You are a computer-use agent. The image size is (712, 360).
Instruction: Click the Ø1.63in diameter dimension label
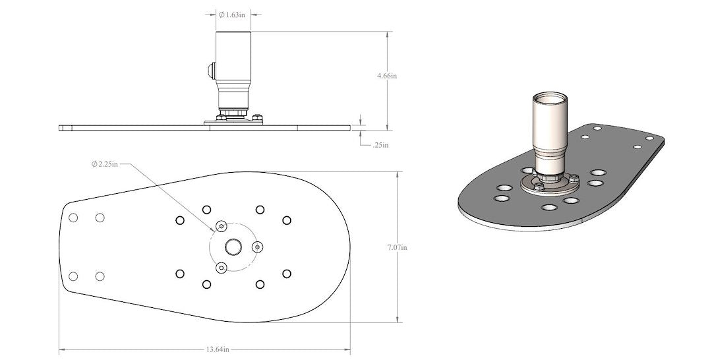tap(234, 14)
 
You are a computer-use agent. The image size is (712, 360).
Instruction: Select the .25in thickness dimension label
tap(381, 144)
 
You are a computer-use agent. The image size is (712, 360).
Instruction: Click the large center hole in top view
tap(233, 247)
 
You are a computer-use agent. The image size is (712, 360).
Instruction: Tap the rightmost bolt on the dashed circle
tap(258, 247)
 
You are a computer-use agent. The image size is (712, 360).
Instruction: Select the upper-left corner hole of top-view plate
tap(74, 218)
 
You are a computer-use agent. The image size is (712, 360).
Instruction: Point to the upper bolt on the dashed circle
tap(222, 226)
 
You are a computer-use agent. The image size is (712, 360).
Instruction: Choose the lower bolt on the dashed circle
tap(222, 268)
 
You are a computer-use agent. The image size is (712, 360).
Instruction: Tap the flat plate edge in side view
tap(132, 127)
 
